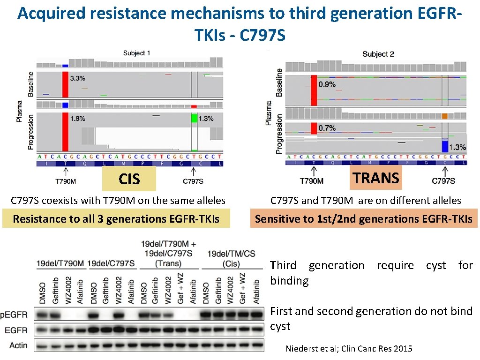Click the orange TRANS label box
click(376, 178)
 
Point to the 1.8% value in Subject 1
click(77, 119)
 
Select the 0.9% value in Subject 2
click(327, 84)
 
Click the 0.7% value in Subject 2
click(327, 127)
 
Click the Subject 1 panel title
click(137, 53)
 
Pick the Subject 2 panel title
click(378, 54)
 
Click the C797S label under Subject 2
click(443, 181)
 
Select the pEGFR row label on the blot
click(14, 315)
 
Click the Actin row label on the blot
click(18, 345)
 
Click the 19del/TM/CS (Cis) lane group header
click(232, 259)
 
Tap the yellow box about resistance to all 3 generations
click(116, 219)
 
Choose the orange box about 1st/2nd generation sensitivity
click(363, 219)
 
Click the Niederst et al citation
click(349, 349)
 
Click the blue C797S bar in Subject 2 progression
click(445, 146)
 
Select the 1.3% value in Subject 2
click(457, 147)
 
